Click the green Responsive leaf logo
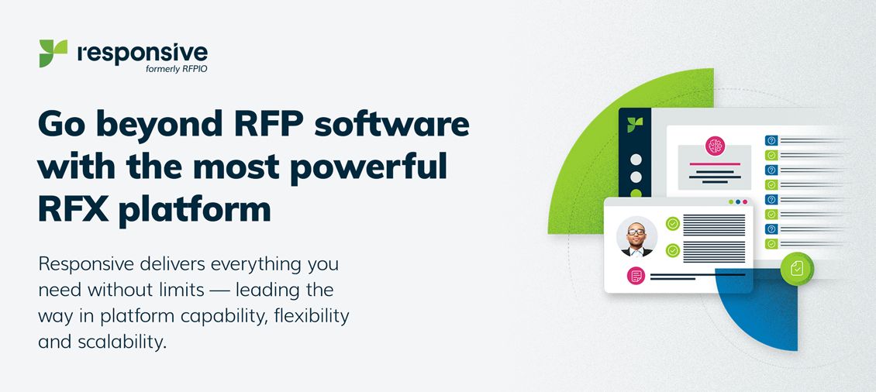pos(53,53)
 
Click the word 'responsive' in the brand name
pos(143,52)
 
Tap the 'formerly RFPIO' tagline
pos(175,68)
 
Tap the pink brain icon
pos(714,146)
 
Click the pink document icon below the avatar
pos(636,275)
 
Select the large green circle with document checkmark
pos(796,268)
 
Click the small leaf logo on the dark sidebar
pos(635,125)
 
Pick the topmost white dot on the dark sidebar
pos(636,160)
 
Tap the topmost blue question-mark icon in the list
pos(771,140)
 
